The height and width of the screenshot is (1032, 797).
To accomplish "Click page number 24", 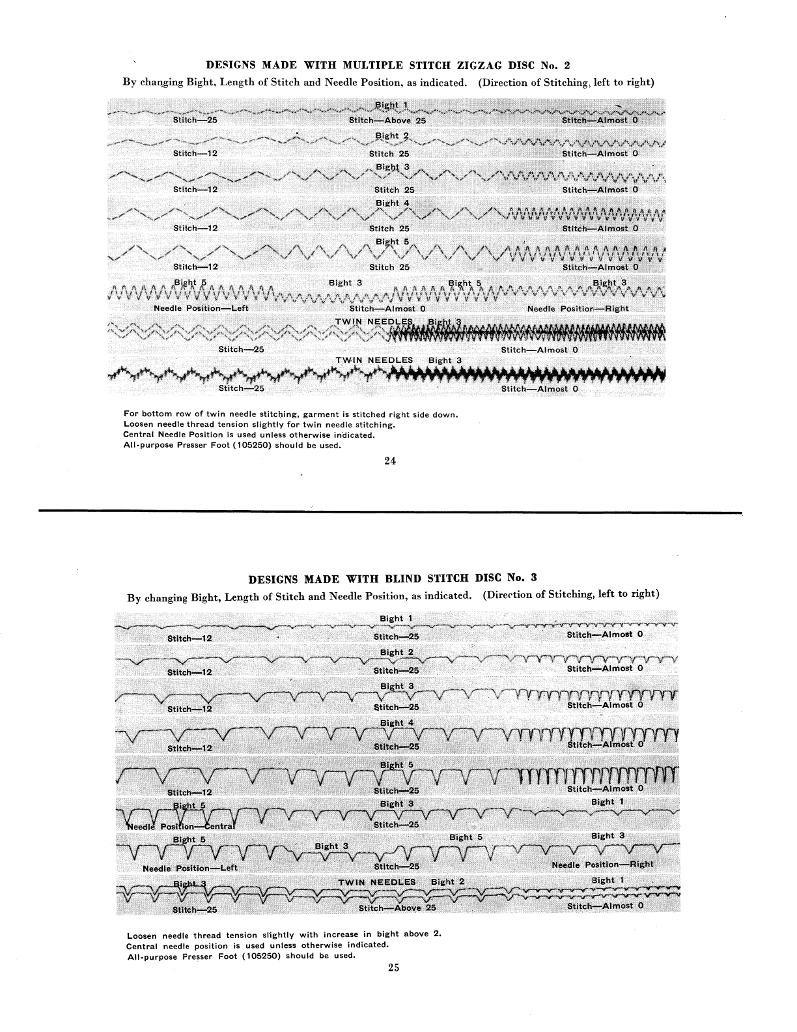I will [x=390, y=461].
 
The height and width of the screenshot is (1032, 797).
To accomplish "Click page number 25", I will [x=393, y=967].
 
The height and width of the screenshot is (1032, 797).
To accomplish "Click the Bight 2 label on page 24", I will [x=393, y=136].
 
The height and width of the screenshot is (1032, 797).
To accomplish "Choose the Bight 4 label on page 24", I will [x=393, y=203].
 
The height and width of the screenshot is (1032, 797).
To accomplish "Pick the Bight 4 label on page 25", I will [x=397, y=723].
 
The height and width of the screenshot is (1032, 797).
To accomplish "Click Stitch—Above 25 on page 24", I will [x=387, y=121].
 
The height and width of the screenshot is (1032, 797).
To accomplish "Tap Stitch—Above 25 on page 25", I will [x=397, y=908].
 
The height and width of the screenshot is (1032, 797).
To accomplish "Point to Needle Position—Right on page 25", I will [x=602, y=865].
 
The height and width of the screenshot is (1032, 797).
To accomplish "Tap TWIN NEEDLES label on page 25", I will [x=376, y=882].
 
